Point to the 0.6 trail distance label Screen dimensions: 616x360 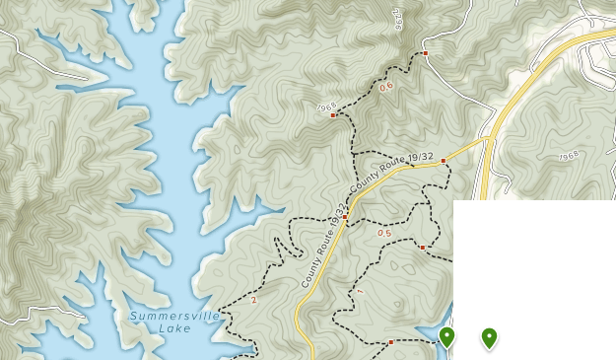coord(385,86)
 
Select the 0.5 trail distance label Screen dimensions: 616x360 coord(383,234)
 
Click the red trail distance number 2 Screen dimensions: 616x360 coord(253,300)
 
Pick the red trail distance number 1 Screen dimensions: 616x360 coord(360,292)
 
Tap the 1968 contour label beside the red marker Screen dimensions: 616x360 coord(326,107)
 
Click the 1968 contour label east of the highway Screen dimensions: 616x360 coord(568,156)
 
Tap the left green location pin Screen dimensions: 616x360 coord(447,337)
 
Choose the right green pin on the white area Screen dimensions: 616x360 coord(489,337)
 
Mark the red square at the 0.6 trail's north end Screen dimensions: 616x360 coord(425,52)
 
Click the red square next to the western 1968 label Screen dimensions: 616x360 coord(333,115)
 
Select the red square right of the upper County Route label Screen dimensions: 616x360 coord(444,161)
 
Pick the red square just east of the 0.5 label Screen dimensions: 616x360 coord(422,248)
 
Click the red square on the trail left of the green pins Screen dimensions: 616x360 coord(391,341)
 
